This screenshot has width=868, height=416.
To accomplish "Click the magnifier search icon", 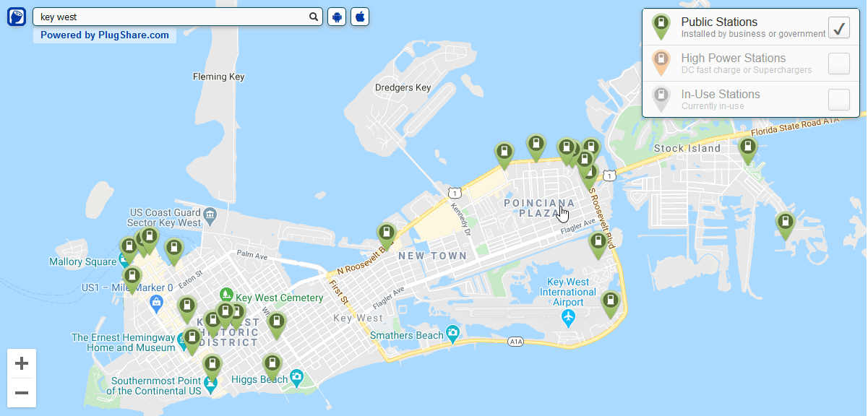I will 314,17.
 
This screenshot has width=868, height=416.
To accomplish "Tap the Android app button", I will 337,17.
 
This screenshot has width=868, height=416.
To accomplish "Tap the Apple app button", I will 360,17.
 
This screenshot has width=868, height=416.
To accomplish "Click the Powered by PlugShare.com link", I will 105,35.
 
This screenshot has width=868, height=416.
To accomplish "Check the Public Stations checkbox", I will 838,27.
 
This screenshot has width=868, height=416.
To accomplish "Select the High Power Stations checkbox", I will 838,64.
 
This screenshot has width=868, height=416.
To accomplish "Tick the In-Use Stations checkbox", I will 838,100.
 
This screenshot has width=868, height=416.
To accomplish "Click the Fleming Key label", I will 219,77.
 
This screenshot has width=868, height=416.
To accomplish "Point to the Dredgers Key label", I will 403,88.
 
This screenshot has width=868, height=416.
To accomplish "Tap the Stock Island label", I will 687,148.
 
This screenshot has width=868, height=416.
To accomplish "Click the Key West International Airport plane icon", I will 568,317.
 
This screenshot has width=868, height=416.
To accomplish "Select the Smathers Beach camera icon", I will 453,334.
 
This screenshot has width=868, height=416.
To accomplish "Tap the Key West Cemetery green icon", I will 227,295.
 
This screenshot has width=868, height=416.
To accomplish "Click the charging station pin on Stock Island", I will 748,149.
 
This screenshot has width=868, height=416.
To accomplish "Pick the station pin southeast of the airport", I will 611,303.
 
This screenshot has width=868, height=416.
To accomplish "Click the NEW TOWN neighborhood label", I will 432,256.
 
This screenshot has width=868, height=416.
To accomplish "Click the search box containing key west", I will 170,17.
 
